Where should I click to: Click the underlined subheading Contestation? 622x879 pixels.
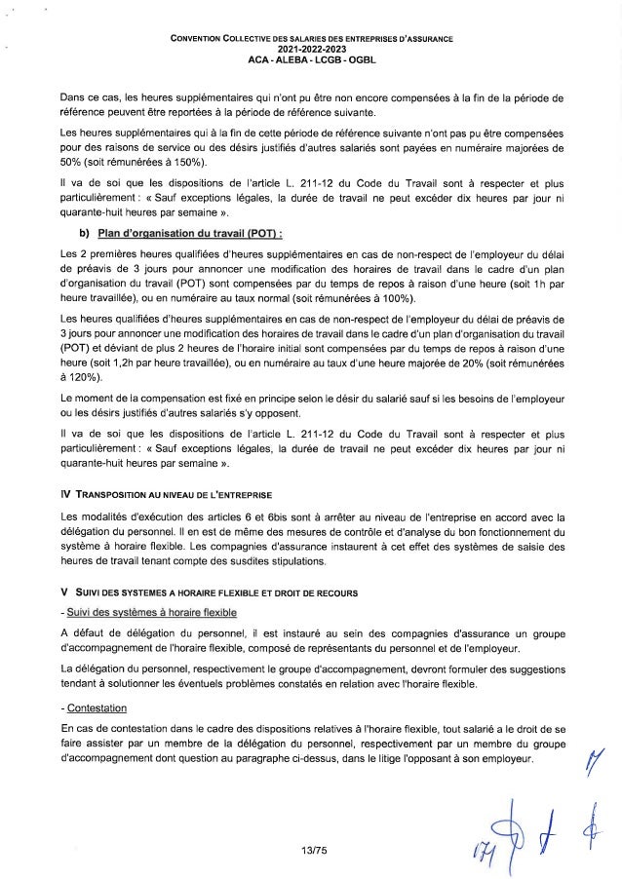click(x=96, y=707)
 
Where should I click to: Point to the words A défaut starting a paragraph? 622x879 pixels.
click(x=85, y=635)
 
